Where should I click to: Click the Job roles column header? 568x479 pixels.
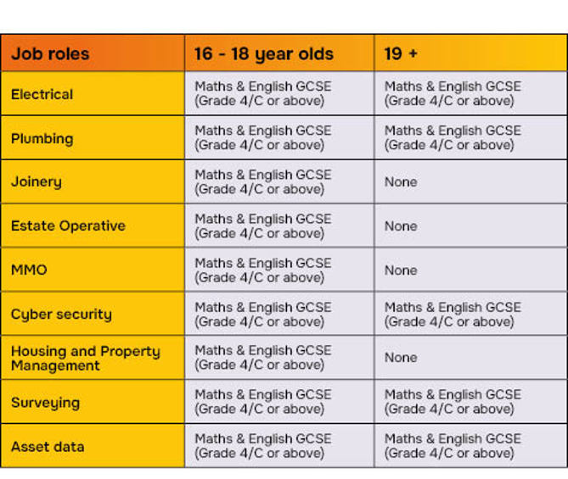[50, 54]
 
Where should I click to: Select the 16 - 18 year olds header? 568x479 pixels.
[263, 54]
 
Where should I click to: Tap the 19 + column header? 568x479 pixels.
[401, 54]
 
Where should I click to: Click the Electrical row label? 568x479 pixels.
[42, 94]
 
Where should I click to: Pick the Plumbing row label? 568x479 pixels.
[42, 138]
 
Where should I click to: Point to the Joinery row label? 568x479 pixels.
[36, 182]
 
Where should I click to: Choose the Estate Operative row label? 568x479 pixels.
[68, 226]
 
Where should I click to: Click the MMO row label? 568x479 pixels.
[29, 270]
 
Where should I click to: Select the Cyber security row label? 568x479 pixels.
[61, 315]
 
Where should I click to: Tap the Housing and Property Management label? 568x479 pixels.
[85, 358]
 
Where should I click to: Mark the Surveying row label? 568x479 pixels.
[45, 403]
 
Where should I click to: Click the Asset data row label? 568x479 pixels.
[48, 447]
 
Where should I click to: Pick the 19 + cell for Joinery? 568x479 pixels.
[401, 182]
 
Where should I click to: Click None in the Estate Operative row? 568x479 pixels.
[401, 226]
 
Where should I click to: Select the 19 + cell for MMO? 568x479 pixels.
[401, 270]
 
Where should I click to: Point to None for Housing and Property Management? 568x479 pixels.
[401, 358]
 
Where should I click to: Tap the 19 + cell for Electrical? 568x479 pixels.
[453, 94]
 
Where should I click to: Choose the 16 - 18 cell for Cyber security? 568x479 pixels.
[262, 315]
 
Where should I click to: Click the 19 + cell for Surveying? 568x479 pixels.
[453, 403]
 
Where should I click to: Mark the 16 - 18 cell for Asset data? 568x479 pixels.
[262, 447]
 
